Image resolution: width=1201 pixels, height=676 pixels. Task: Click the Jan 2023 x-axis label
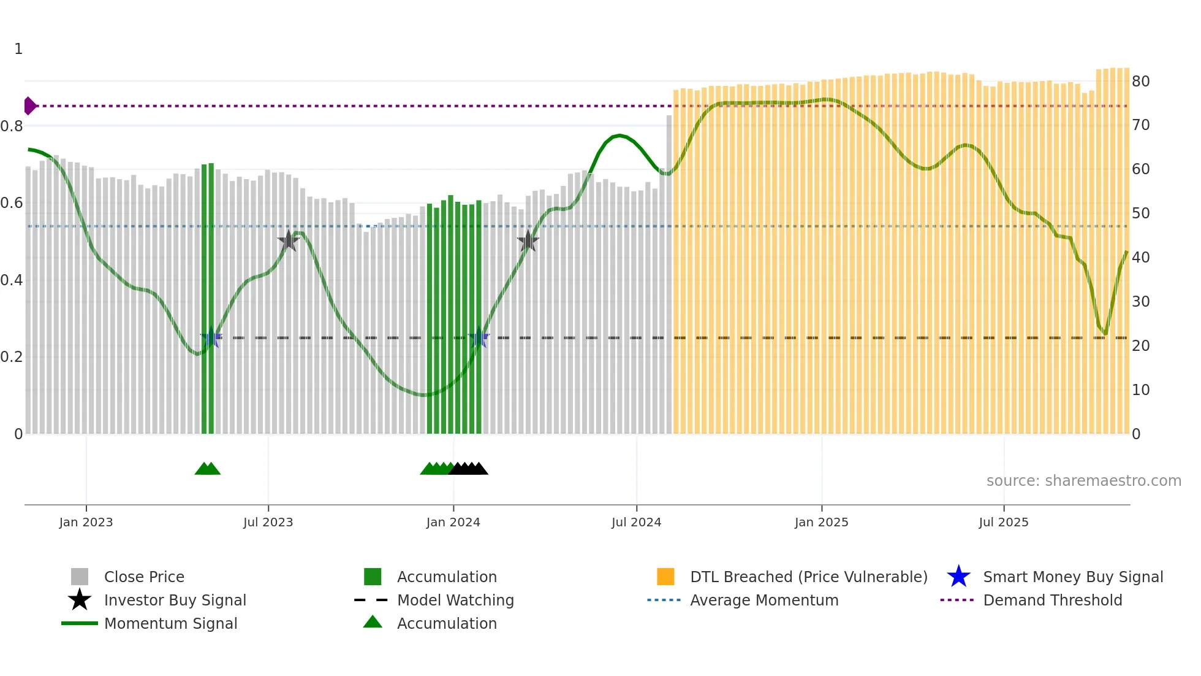tap(86, 522)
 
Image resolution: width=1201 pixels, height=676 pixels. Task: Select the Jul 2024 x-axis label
tap(636, 522)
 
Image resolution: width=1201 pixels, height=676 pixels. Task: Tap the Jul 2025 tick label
tap(1003, 522)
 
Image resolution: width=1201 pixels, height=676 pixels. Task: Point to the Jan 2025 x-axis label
tap(821, 522)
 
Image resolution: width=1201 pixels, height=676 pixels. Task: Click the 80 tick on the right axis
tap(1140, 81)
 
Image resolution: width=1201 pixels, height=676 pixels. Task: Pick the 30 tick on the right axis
tap(1140, 301)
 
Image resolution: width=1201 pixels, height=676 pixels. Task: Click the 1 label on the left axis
tap(18, 48)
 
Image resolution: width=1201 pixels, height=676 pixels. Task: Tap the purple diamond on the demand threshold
tap(29, 106)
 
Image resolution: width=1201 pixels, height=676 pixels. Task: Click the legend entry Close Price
tap(144, 577)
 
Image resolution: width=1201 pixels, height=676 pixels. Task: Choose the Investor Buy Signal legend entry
tap(175, 600)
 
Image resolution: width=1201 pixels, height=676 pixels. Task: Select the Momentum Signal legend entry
tap(170, 623)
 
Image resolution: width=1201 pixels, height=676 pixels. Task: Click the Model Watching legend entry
tap(455, 600)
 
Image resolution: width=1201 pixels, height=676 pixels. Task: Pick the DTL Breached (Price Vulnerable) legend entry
tap(808, 577)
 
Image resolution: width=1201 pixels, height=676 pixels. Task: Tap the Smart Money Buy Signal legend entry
tap(1073, 577)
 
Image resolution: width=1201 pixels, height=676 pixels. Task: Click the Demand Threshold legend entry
tap(1052, 600)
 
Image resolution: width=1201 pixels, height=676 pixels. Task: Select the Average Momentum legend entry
tap(764, 600)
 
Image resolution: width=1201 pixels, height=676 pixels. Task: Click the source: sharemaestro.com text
tap(1083, 480)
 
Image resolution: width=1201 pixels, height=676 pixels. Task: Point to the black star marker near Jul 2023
tap(288, 240)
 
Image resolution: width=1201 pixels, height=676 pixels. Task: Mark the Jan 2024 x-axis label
tap(453, 522)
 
